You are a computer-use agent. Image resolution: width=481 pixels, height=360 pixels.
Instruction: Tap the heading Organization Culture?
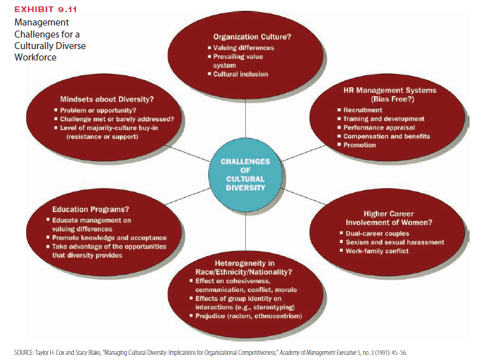tap(252, 36)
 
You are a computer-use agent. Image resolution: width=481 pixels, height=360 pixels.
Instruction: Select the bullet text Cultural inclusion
tap(240, 74)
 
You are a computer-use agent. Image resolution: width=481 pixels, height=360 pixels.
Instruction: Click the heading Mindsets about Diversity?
tap(106, 99)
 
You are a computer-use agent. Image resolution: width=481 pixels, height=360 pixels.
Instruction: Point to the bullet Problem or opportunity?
tap(95, 111)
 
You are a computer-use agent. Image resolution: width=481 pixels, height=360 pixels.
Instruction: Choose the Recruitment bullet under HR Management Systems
tap(363, 110)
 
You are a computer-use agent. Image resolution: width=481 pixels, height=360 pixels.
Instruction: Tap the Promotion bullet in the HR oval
tap(360, 145)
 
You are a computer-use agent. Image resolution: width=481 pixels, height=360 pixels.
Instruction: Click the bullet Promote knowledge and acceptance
tap(109, 238)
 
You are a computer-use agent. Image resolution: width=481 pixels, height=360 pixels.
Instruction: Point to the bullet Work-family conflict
tap(377, 251)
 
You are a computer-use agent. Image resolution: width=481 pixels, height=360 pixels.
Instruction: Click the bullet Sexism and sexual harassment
tap(391, 242)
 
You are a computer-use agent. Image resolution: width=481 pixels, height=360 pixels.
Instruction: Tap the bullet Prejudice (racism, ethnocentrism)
tap(249, 316)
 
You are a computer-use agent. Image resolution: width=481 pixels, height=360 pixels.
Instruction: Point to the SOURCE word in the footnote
tap(24, 352)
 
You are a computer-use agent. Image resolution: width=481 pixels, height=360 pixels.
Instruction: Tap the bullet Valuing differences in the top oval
tap(243, 48)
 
